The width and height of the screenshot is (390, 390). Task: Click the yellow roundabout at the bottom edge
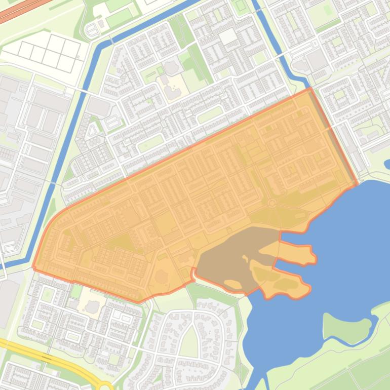105,386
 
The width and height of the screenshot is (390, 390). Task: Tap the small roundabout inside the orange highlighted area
272,203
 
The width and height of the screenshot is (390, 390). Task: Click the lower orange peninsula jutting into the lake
284,284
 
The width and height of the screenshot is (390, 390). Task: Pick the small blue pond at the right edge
387,164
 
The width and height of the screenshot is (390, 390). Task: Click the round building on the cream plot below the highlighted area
92,306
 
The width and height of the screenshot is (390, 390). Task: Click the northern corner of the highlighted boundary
310,89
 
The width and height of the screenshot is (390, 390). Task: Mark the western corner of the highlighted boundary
34,266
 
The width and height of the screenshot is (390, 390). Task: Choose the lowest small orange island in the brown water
232,284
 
